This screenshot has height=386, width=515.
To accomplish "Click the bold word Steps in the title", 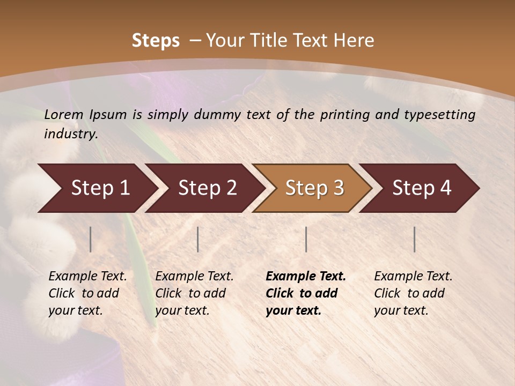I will point(156,41).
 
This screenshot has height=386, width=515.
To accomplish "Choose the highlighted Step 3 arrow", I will point(314,188).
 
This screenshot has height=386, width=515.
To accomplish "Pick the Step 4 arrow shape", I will point(422,188).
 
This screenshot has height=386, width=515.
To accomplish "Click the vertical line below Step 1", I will point(91,239).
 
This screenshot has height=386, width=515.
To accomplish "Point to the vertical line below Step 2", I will point(198,239).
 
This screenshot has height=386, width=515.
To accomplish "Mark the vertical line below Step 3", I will point(306,239).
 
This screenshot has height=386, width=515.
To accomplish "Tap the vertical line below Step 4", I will point(414,239).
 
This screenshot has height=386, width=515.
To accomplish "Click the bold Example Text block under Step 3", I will point(306,293).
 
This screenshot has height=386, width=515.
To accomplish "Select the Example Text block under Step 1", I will point(87,293).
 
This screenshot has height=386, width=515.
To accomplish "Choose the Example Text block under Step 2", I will point(194,293).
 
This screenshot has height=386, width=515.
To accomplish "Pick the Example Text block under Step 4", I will point(413,293).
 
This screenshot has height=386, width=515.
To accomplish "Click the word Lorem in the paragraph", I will point(64,114).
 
